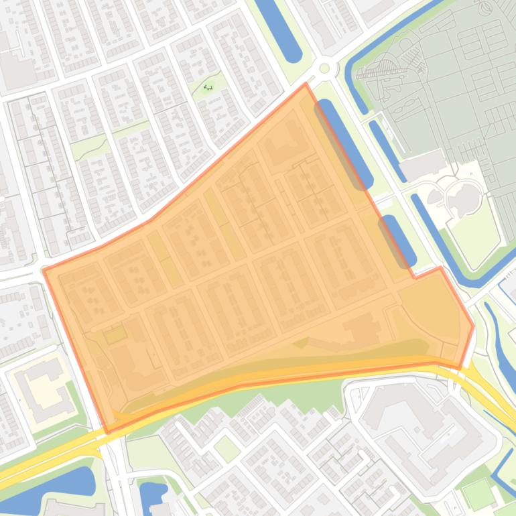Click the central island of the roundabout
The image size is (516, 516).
(x=325, y=68)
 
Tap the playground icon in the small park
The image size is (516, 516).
(x=208, y=87)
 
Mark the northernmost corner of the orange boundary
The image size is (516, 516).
(x=306, y=84)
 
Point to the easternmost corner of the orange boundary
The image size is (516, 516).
(x=473, y=326)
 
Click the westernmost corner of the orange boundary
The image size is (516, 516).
(x=44, y=270)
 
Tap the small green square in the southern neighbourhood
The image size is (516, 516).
(x=227, y=448)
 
